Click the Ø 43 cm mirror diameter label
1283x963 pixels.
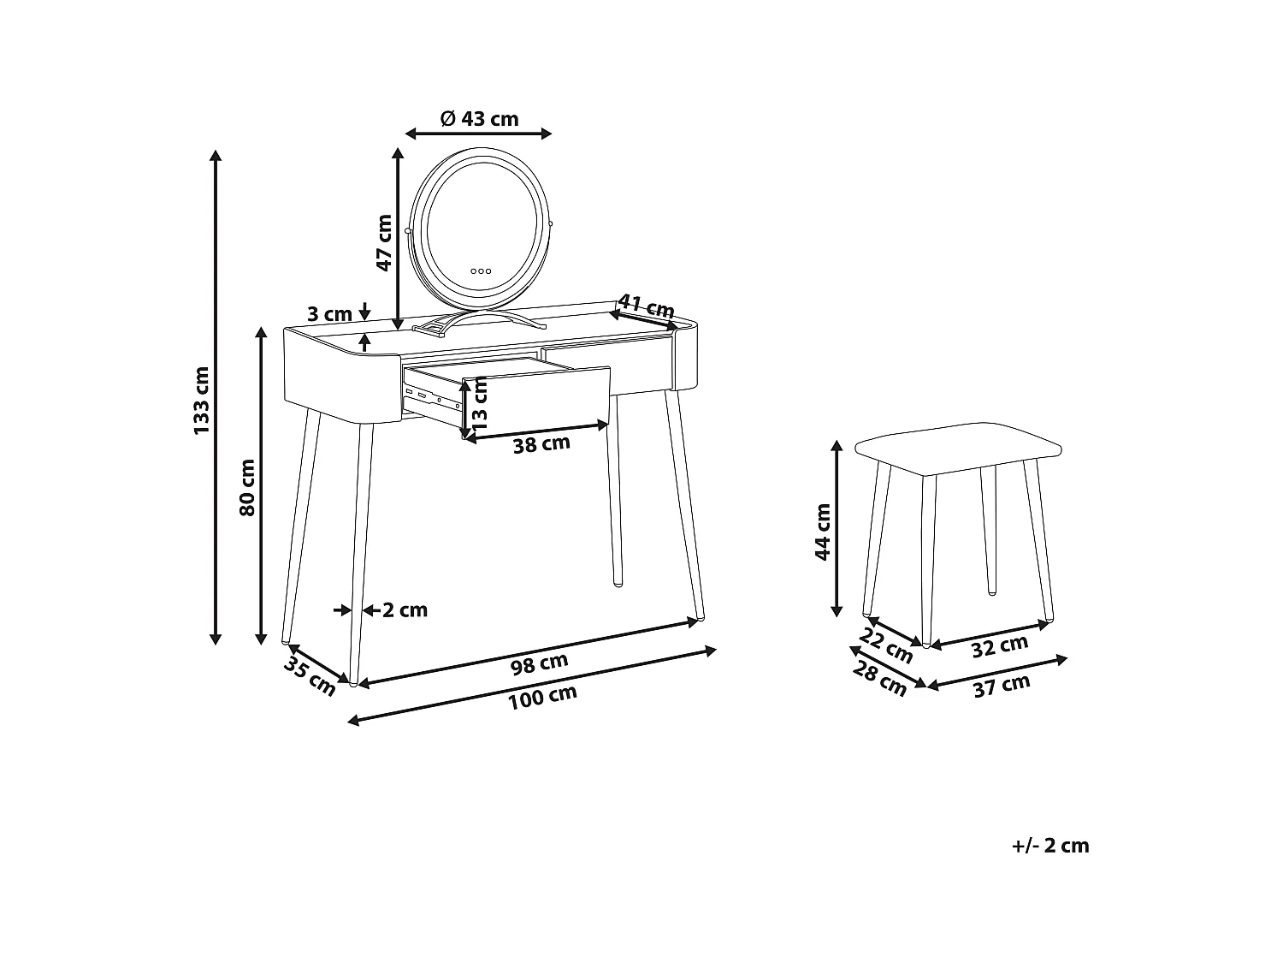pyautogui.click(x=479, y=119)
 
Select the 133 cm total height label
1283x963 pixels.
pyautogui.click(x=201, y=400)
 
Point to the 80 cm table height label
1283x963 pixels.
pyautogui.click(x=247, y=487)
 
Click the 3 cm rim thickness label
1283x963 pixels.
pyautogui.click(x=329, y=314)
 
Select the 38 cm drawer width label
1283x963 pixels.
pyautogui.click(x=541, y=444)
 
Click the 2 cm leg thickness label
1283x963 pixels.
pyautogui.click(x=405, y=610)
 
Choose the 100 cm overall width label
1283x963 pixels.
pyautogui.click(x=542, y=698)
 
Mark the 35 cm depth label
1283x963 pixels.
pyautogui.click(x=310, y=676)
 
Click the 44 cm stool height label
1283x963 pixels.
pyautogui.click(x=823, y=532)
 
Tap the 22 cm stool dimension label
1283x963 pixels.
pyautogui.click(x=887, y=645)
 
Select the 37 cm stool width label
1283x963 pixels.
pyautogui.click(x=1002, y=685)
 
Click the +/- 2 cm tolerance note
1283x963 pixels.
pyautogui.click(x=1050, y=846)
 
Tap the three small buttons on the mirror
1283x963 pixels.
pyautogui.click(x=481, y=270)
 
